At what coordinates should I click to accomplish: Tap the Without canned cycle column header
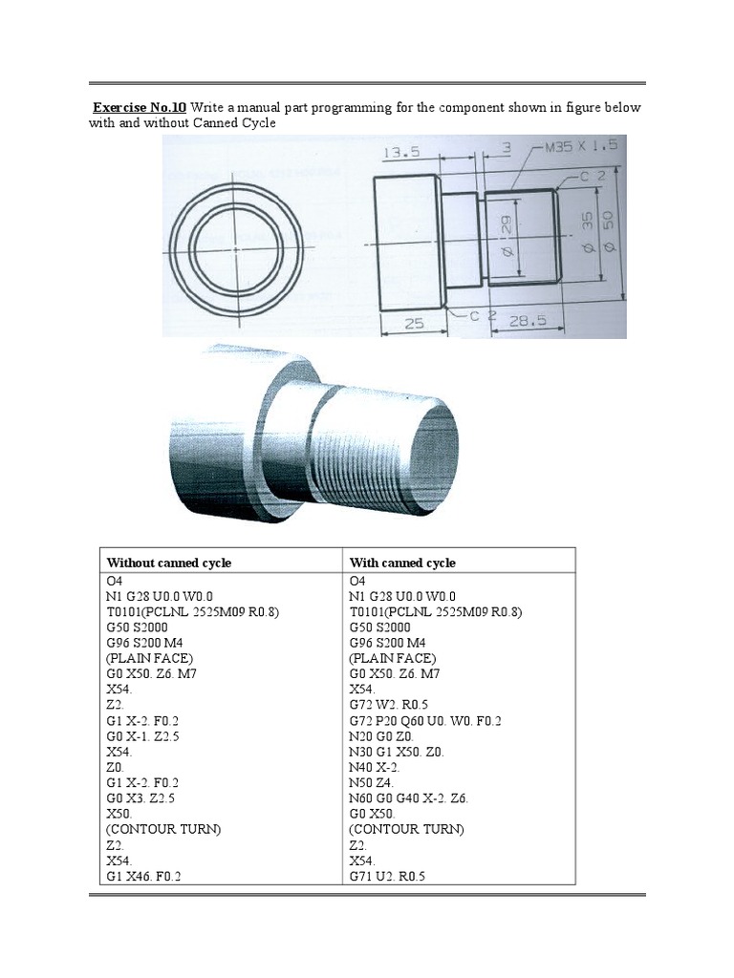169,563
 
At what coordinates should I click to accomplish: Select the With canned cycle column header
402,563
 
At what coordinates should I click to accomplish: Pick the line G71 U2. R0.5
387,876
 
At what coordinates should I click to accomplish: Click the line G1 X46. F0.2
144,876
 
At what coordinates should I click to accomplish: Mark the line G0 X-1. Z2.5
144,736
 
